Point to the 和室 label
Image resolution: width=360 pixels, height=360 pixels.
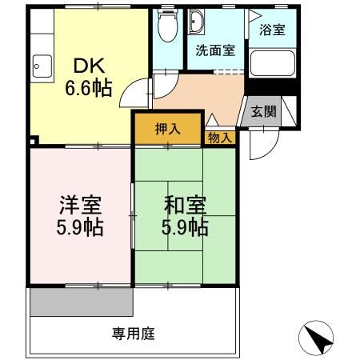(x=186, y=205)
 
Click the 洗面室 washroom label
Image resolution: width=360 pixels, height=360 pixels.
(x=216, y=50)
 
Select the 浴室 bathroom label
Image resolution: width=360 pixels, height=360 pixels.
(x=273, y=30)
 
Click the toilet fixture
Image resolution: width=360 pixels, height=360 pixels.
(x=166, y=28)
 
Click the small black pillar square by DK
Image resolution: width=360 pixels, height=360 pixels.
(x=31, y=142)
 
